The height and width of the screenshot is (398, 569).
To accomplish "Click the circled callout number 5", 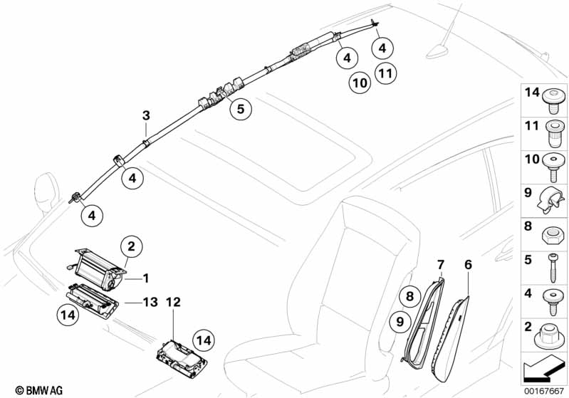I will [x=241, y=110].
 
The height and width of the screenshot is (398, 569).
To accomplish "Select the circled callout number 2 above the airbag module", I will [x=131, y=247].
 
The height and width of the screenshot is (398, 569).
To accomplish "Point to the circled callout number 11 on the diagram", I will [x=385, y=73].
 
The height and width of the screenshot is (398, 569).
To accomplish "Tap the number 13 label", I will [x=149, y=302].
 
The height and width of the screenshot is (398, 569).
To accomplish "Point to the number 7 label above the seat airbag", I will [x=440, y=265].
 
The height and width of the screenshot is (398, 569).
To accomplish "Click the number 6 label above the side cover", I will [x=468, y=265].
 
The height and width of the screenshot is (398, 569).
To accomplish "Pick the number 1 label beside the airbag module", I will [x=146, y=277].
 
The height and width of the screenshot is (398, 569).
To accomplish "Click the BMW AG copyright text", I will [x=25, y=390].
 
